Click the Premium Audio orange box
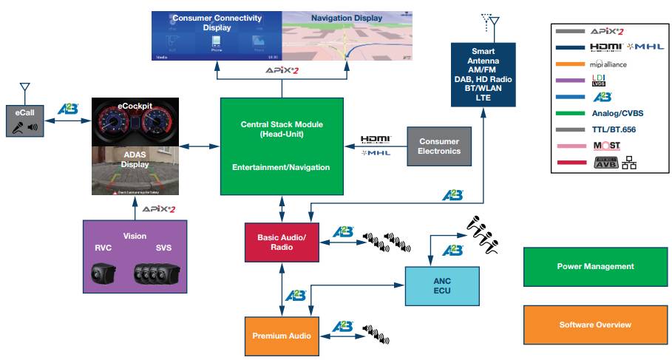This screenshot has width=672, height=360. (x=279, y=336)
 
